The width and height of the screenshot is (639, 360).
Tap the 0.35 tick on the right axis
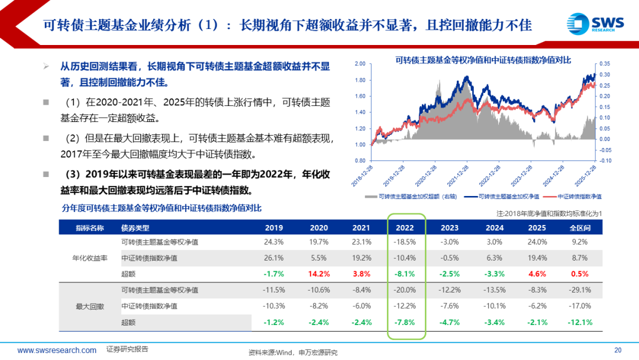point(605,63)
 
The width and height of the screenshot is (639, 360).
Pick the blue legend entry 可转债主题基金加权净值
point(505,196)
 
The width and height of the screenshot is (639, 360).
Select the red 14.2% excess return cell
point(318,274)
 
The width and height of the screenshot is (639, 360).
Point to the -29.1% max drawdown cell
point(580,290)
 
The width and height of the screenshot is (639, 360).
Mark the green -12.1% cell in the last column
point(580,322)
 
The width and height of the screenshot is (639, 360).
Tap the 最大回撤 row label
point(89,306)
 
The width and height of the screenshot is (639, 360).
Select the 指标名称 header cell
point(89,227)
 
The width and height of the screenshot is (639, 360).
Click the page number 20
point(618,350)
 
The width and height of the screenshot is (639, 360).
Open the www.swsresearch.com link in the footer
point(57,350)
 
